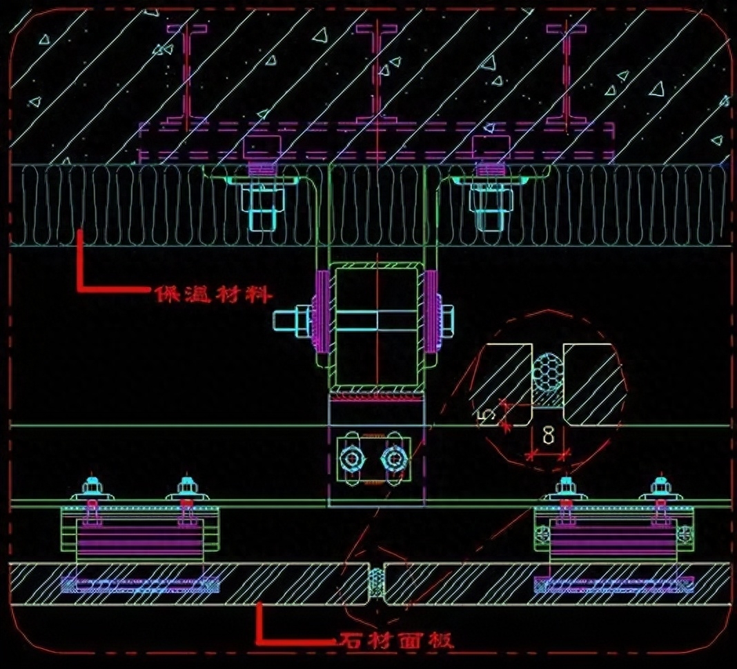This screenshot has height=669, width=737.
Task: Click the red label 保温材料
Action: click(x=213, y=294)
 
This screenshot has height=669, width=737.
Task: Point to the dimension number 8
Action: click(x=548, y=435)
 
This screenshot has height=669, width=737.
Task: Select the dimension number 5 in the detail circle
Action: click(x=487, y=415)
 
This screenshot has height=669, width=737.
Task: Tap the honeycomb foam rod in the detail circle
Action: click(x=547, y=370)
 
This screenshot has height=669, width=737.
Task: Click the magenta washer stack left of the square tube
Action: click(x=322, y=312)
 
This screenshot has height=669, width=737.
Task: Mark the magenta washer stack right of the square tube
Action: click(x=431, y=312)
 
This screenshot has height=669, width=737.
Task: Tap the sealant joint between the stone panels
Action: click(x=375, y=583)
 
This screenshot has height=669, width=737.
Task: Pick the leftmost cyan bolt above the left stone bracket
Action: click(x=92, y=487)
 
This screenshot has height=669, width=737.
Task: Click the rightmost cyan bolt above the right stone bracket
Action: click(x=660, y=487)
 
